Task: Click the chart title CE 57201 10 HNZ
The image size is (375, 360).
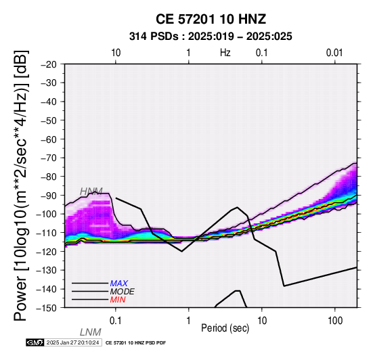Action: click(x=211, y=19)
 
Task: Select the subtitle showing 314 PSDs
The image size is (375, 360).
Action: click(x=211, y=37)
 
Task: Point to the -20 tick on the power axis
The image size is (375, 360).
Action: click(x=49, y=64)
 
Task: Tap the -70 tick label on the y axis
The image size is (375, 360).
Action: click(x=49, y=158)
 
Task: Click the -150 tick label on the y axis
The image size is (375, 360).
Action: click(x=47, y=308)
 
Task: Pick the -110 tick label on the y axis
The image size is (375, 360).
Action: click(x=47, y=233)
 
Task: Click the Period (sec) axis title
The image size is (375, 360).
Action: click(x=225, y=328)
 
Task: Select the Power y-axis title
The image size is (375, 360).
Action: click(x=21, y=185)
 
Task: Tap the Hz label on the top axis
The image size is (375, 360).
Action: click(x=225, y=53)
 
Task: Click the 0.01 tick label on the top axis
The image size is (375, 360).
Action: click(x=334, y=53)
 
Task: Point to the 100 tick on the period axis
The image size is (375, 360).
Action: click(x=335, y=321)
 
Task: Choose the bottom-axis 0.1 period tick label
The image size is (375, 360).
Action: click(x=115, y=321)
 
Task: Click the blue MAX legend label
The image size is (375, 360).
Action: click(x=119, y=284)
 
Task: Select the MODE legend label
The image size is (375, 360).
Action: click(x=123, y=292)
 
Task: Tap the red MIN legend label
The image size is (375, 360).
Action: click(x=118, y=300)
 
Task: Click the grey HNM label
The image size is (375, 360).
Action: click(x=91, y=192)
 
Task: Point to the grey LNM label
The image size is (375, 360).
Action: click(x=91, y=332)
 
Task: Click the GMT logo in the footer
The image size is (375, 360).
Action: click(x=35, y=342)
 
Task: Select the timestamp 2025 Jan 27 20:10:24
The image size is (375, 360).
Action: click(x=72, y=342)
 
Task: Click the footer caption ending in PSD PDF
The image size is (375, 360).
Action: click(x=135, y=343)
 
